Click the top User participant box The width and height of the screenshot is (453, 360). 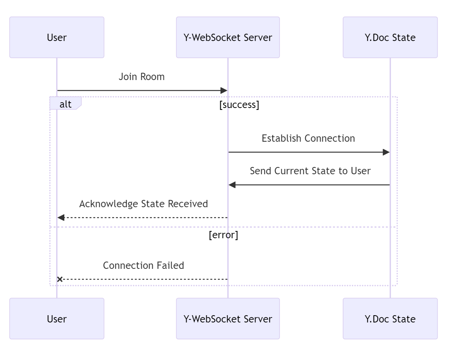57,38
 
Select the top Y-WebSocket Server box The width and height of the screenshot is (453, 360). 228,38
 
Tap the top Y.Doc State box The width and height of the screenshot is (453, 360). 390,38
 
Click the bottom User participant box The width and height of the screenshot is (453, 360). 57,319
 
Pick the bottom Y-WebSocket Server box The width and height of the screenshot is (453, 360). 228,319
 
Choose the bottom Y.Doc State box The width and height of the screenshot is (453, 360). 390,319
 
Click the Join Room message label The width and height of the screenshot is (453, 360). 142,77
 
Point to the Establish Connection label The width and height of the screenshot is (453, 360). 308,138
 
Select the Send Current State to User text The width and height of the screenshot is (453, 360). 310,171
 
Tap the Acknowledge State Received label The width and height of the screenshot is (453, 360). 144,204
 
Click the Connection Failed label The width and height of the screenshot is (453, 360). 144,265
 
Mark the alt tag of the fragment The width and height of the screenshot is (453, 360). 65,104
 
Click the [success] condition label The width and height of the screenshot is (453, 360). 239,105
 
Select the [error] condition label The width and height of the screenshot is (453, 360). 223,235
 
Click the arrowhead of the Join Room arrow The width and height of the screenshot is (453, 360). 224,91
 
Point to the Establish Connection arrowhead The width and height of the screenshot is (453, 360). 386,152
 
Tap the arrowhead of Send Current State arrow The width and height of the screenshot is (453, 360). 232,185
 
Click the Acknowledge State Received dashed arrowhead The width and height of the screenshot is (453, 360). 61,218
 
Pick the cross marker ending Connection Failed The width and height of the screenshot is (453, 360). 60,279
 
